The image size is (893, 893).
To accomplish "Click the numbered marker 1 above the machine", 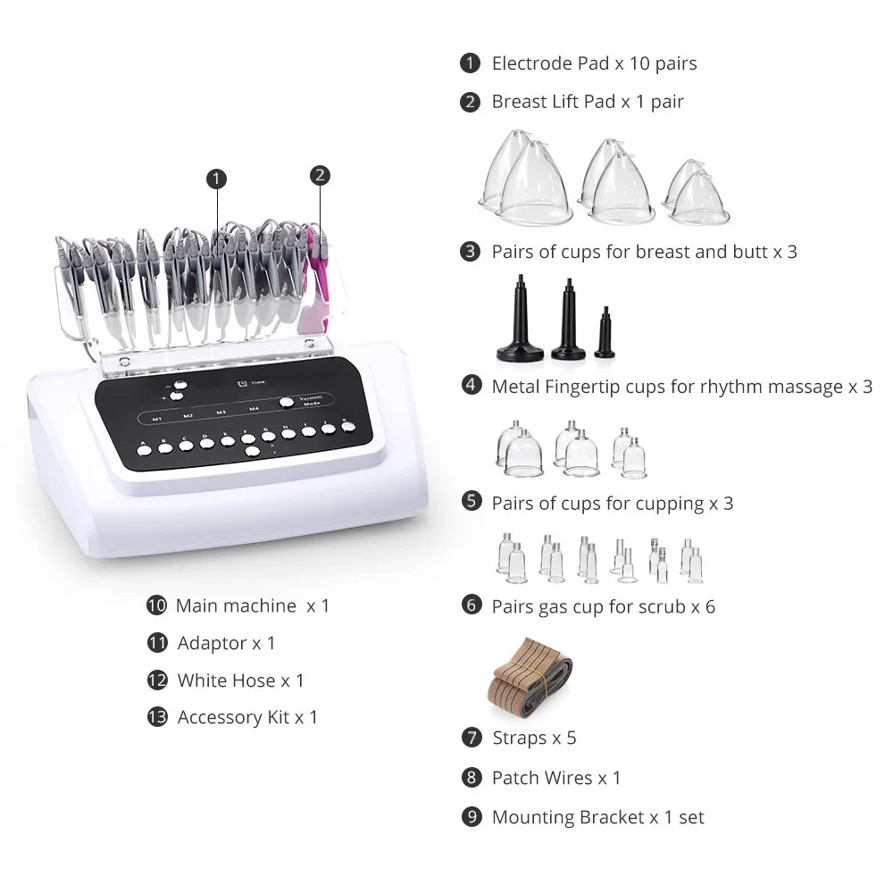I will tap(216, 179).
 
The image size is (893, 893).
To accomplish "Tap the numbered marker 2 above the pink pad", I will tap(321, 175).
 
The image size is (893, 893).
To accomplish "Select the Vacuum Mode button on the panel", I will tap(287, 402).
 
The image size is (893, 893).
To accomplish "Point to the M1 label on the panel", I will tap(157, 417).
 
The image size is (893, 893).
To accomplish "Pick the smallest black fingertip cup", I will tap(605, 334).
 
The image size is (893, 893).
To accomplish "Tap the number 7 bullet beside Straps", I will tap(472, 738).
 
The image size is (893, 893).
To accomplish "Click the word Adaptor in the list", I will tap(212, 643).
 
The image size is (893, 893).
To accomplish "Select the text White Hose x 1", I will tap(240, 680).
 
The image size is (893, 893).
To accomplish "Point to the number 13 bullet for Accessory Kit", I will tap(157, 717).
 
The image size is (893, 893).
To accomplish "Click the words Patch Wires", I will tap(541, 778).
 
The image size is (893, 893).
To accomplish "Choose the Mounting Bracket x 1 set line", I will tap(597, 817).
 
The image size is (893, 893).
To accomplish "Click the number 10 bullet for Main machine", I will tap(156, 605).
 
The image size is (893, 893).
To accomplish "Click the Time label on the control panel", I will tap(257, 382).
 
